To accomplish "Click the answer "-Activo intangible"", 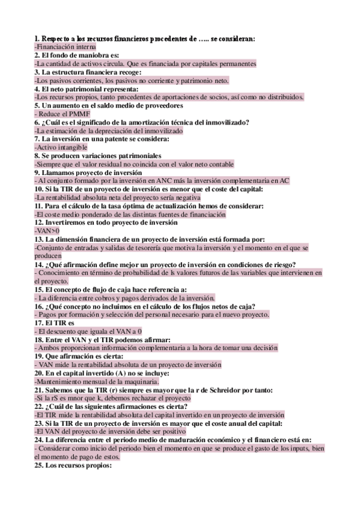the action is pos(61,147).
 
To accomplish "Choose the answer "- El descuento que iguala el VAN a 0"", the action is pos(88,331).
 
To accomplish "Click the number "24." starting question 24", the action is pos(41,440).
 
